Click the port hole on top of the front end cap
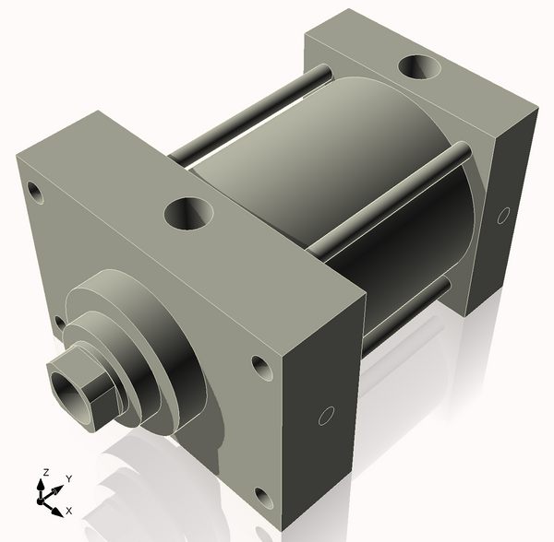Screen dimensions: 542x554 point(188,214)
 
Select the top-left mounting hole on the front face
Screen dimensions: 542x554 point(36,193)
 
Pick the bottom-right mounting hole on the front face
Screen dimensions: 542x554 point(263,500)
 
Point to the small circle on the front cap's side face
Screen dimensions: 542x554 point(326,416)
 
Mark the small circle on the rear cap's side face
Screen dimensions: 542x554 point(503,216)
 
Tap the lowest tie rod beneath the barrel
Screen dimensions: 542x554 point(406,313)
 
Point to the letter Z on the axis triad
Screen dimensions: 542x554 point(43,473)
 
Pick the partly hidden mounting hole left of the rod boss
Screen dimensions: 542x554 point(59,323)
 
